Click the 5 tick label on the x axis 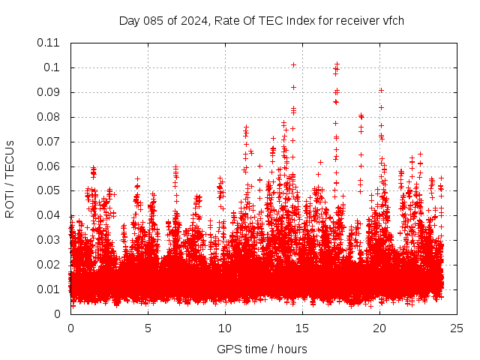click(x=148, y=328)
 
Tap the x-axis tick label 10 click(x=225, y=328)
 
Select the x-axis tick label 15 click(x=302, y=328)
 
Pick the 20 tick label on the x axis click(x=379, y=328)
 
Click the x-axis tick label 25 click(x=457, y=328)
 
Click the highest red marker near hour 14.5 click(x=293, y=64)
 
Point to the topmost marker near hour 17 click(x=337, y=64)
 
